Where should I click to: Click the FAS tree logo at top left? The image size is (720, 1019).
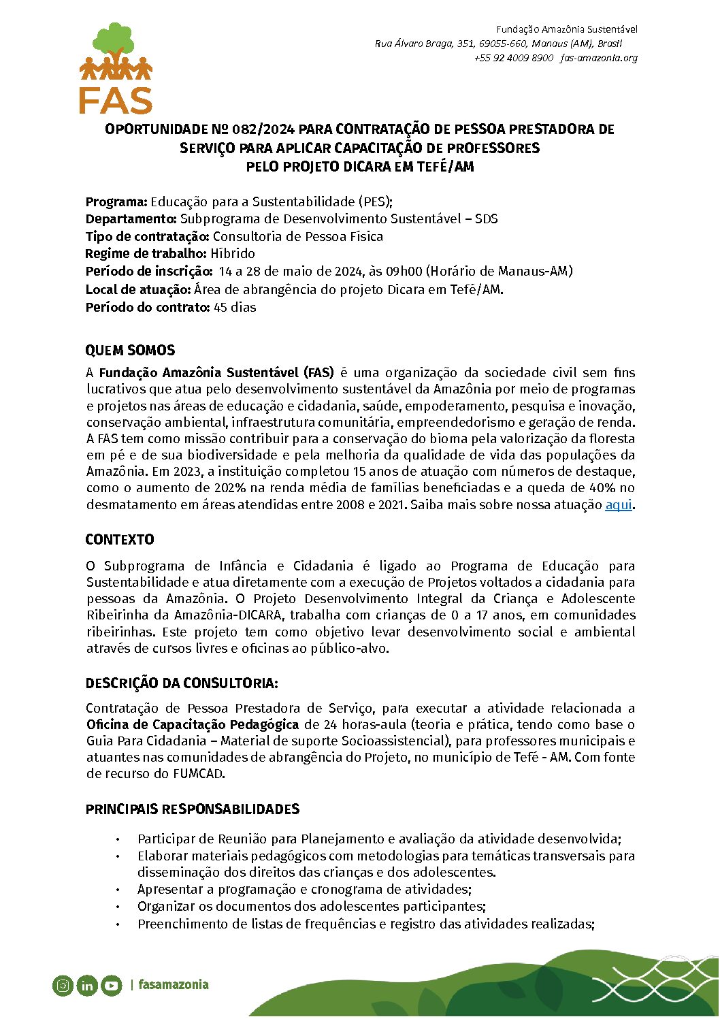pos(116,68)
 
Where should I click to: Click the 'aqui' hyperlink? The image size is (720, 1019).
pos(618,505)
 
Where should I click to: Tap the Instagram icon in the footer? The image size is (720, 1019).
pos(63,985)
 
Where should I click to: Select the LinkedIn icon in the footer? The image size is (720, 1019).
pos(87,985)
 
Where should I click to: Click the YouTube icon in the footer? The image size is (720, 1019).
pos(112,985)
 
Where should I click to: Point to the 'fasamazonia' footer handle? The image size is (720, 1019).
pos(174,984)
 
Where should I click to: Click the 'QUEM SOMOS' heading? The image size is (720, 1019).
pos(130,351)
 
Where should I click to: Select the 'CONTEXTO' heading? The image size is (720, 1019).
pos(120,540)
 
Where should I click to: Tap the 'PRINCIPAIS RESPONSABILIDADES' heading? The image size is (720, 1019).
pos(193,809)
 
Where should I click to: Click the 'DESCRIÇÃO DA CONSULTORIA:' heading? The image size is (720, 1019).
pos(182,683)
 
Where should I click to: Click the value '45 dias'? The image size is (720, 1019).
pos(235,307)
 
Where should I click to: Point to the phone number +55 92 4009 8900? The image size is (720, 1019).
pos(514,58)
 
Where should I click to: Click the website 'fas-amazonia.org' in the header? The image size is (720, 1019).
pos(599,58)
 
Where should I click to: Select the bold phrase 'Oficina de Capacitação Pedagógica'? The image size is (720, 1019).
pos(193,724)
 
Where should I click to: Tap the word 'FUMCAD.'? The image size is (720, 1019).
pos(199,773)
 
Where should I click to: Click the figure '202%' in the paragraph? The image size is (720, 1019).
pos(231,488)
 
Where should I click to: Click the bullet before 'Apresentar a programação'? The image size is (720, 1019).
pos(118,890)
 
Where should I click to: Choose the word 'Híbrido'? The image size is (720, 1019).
pos(233,254)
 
